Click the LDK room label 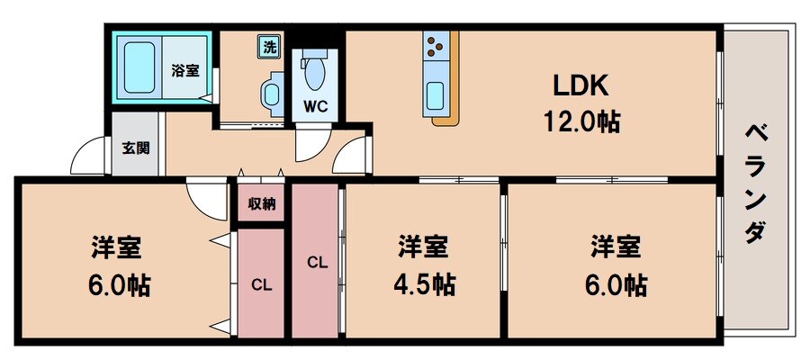[580, 85]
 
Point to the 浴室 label [185, 70]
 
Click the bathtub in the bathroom [140, 67]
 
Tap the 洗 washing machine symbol [269, 45]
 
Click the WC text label [315, 105]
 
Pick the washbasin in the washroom [270, 94]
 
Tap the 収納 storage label [262, 203]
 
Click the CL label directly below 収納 [262, 285]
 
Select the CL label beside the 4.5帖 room [316, 263]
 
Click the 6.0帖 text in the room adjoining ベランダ [616, 285]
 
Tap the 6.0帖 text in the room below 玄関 [120, 285]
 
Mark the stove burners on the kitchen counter [436, 45]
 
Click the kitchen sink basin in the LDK [436, 93]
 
